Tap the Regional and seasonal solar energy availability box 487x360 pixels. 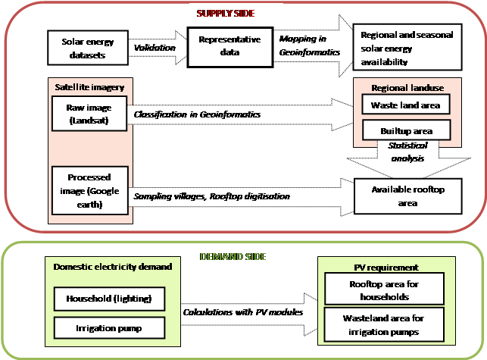click(407, 48)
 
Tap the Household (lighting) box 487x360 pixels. click(109, 299)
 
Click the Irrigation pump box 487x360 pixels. click(109, 327)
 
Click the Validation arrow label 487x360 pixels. click(155, 48)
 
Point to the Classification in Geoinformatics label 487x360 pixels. click(197, 114)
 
